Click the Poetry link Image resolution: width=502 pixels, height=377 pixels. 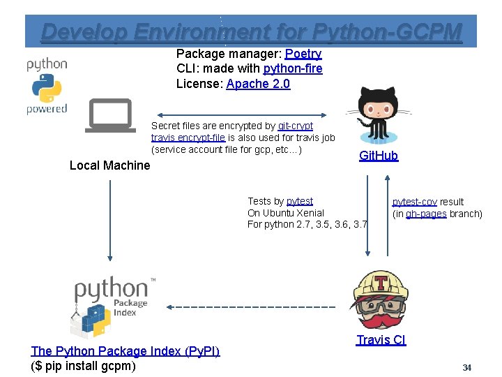click(x=303, y=54)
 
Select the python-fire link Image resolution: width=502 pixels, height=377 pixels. click(x=293, y=68)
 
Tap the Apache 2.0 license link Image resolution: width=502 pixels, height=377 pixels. click(x=258, y=84)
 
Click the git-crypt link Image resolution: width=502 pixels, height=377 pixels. click(x=296, y=126)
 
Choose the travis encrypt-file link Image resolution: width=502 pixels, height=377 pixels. click(x=188, y=138)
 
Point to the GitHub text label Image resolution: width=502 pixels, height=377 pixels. click(x=379, y=156)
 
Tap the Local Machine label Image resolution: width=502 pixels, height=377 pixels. click(x=109, y=165)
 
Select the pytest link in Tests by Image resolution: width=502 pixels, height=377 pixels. click(x=300, y=201)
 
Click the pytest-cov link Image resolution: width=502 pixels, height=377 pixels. click(x=414, y=202)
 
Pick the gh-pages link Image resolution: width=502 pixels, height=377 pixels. click(x=426, y=214)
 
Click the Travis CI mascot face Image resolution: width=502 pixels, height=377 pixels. click(x=381, y=299)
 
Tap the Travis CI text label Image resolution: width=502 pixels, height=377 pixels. click(x=381, y=340)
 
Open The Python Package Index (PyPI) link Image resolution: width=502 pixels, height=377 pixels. click(x=125, y=351)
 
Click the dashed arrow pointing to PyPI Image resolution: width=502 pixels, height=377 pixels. click(x=251, y=306)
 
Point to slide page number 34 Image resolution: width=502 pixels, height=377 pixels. click(x=466, y=367)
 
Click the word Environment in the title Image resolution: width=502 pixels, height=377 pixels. click(x=220, y=31)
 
